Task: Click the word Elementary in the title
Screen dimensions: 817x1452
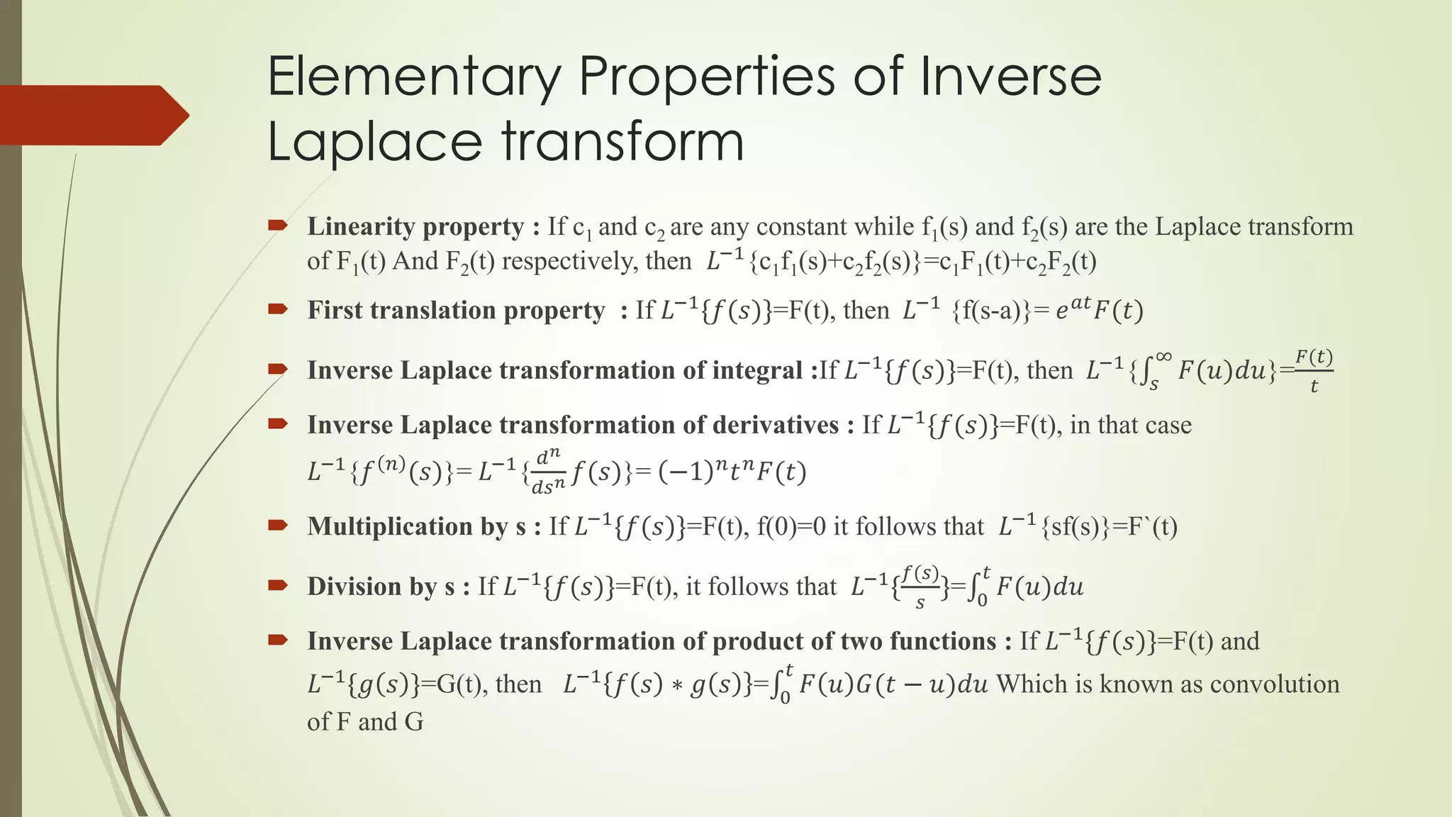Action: (x=414, y=78)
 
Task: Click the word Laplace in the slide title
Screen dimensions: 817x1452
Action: (x=375, y=142)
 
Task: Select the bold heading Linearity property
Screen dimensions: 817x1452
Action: (x=415, y=227)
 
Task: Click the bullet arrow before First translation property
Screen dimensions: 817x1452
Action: (x=277, y=309)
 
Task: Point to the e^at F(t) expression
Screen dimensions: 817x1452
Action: (x=1099, y=309)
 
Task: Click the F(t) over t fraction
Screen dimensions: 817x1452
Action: (x=1314, y=370)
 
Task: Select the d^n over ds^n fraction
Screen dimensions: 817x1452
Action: (x=548, y=472)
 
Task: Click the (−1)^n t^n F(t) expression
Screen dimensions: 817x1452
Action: (x=732, y=472)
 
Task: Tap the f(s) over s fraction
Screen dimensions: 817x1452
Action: (x=920, y=587)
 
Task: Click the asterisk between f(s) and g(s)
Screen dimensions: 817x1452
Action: (x=676, y=685)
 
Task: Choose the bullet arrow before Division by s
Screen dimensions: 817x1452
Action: (x=277, y=585)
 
